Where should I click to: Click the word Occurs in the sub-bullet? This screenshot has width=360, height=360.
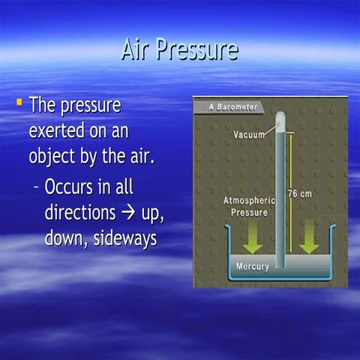70,186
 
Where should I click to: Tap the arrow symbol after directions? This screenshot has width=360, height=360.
127,213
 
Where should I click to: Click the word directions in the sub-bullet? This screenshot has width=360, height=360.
79,212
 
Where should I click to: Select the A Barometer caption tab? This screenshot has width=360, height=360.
229,106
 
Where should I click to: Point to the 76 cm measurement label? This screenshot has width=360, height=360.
301,194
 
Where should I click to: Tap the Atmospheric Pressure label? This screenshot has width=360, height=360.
250,206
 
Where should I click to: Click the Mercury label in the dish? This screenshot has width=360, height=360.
252,266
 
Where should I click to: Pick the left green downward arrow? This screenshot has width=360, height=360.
253,238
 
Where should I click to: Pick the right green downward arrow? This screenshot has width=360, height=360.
309,238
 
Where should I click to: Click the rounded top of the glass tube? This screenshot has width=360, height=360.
280,116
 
